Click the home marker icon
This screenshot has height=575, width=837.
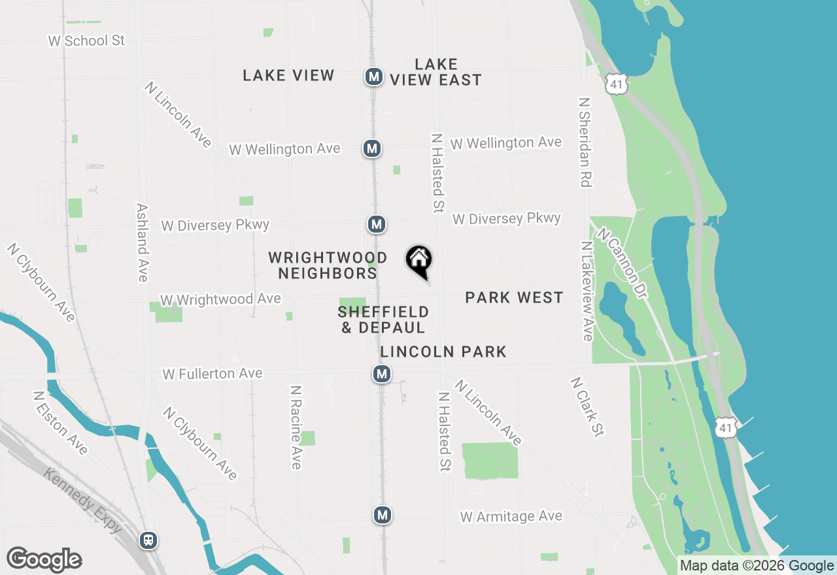(419, 261)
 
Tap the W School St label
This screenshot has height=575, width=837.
(86, 41)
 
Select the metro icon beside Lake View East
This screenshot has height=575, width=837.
(374, 76)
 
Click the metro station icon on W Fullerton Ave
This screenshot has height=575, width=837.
(382, 374)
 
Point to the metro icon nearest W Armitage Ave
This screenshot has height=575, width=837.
(383, 515)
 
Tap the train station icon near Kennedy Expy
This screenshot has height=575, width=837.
(149, 540)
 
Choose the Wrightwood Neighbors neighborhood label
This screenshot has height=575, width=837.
(328, 265)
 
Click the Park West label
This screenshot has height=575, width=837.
(514, 298)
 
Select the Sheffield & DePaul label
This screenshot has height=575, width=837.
(383, 320)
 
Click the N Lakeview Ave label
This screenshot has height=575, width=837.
(587, 291)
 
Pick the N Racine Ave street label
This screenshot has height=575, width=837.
(296, 427)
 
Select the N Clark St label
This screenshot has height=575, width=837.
(587, 406)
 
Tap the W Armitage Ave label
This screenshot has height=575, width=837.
(511, 517)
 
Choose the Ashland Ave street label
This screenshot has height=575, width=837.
(142, 242)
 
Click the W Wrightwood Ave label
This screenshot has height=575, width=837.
(220, 300)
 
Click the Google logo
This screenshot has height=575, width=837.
(44, 560)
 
